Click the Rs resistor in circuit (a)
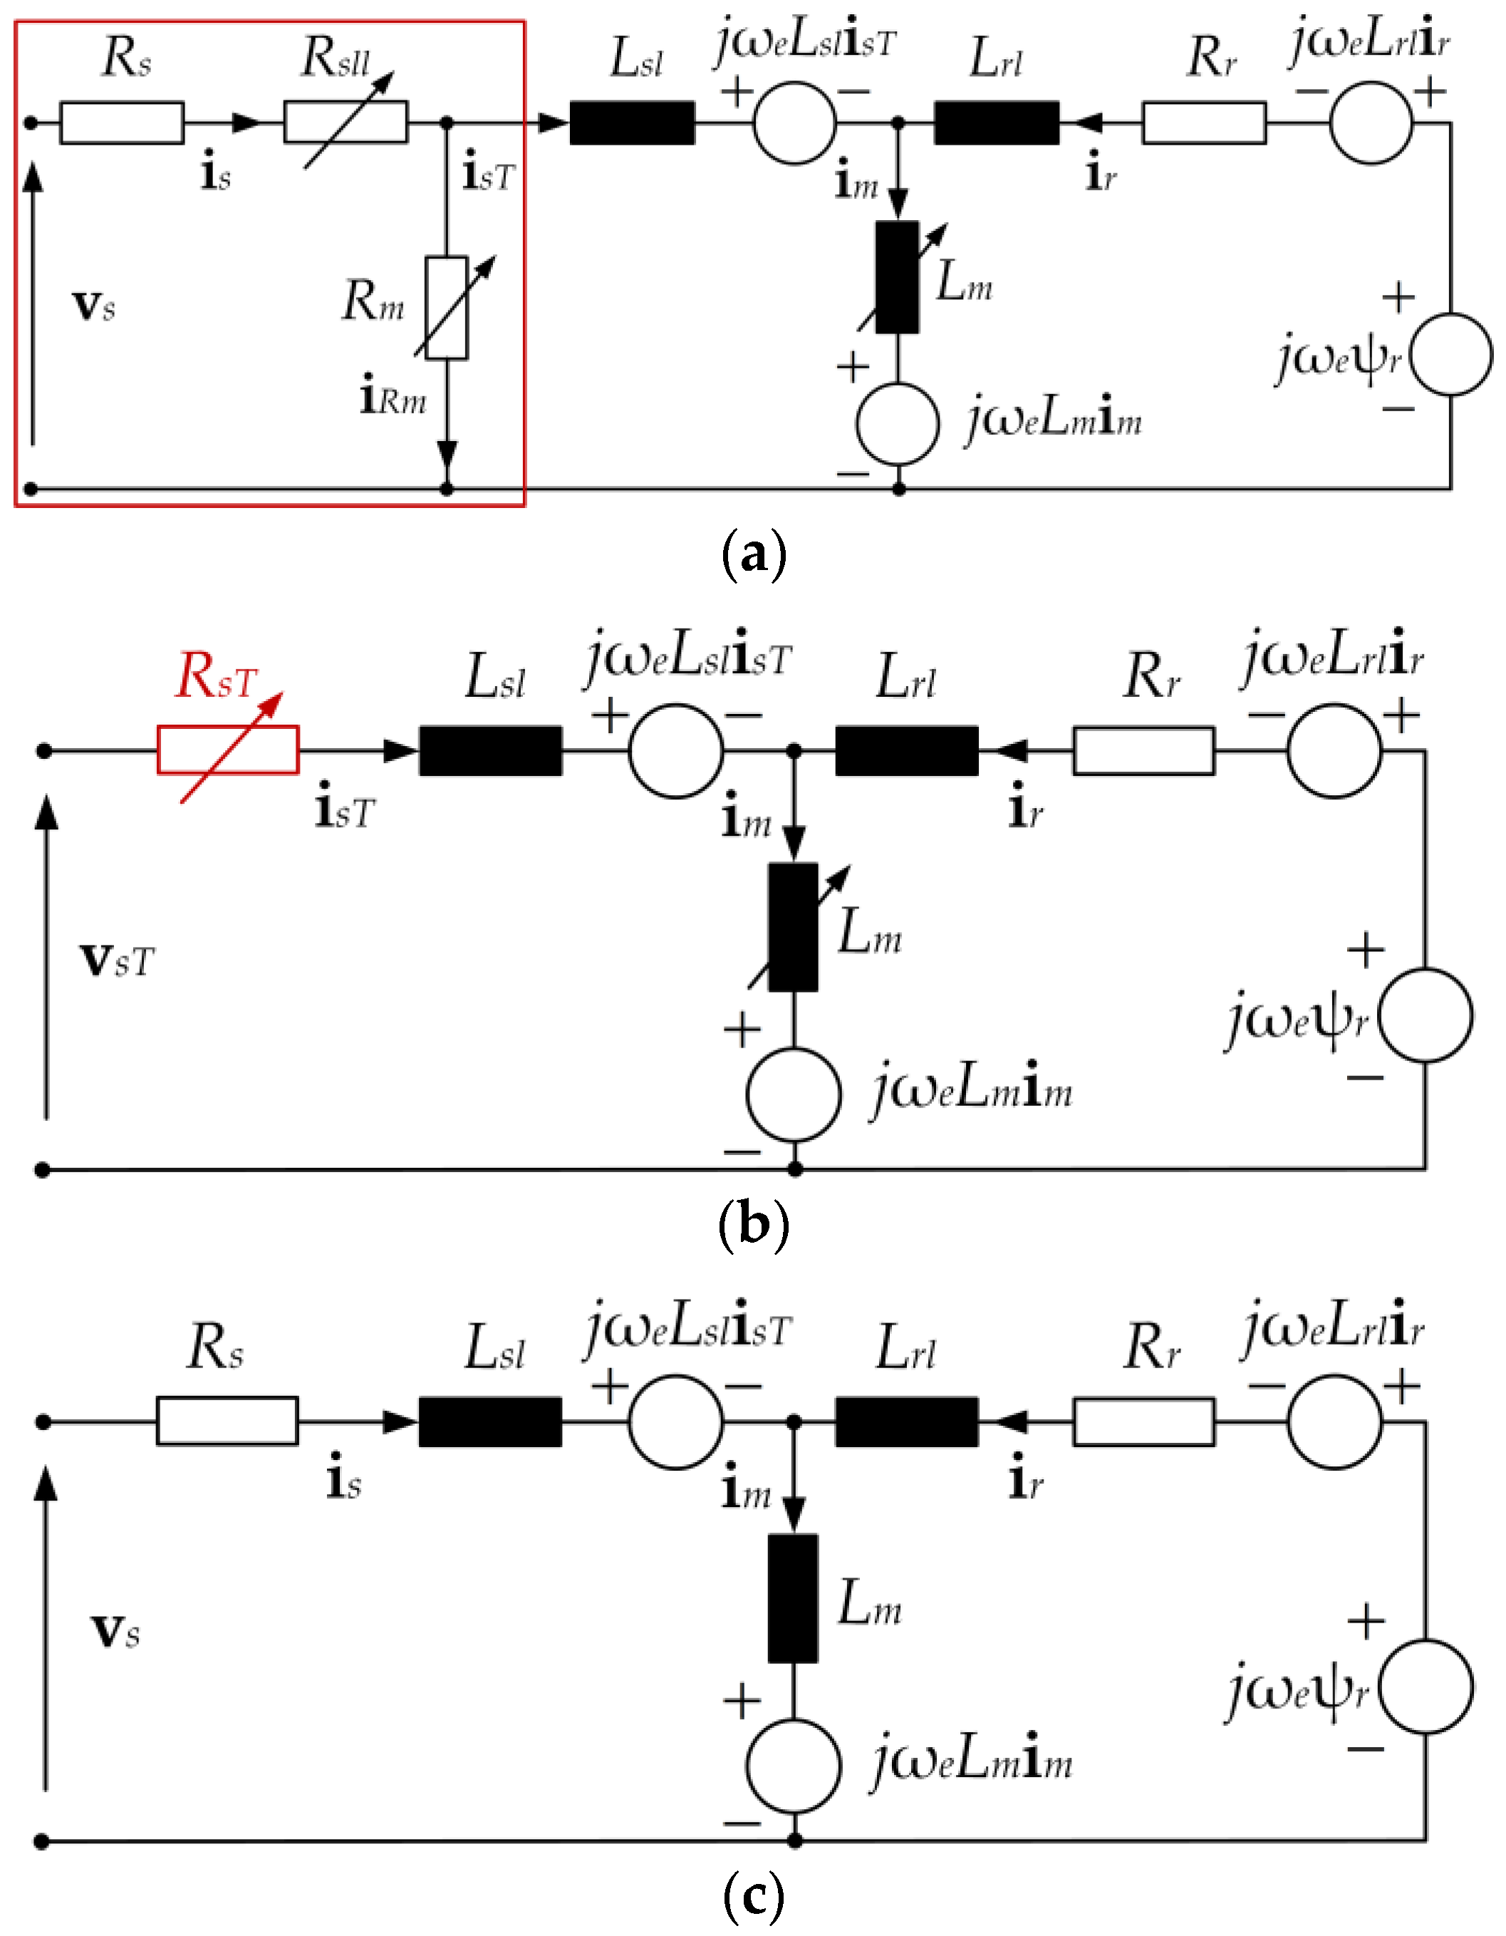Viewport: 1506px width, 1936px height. coord(121,123)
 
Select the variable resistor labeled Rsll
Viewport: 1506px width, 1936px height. coord(345,123)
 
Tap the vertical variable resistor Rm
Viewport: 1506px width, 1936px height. coord(446,308)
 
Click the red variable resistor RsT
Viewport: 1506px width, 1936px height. coord(228,750)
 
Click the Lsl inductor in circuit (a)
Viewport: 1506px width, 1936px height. coord(631,123)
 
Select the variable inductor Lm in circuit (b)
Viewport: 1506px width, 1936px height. coord(792,927)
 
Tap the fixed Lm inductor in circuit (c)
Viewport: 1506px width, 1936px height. coord(792,1598)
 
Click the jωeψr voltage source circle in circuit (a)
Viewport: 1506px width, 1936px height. coord(1450,353)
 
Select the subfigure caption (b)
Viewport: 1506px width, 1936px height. coord(754,1226)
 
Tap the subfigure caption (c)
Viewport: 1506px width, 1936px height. coord(754,1897)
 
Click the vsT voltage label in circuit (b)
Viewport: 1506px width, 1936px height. coord(117,959)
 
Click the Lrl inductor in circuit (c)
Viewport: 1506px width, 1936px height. coord(906,1422)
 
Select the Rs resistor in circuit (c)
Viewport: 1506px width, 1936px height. coord(227,1421)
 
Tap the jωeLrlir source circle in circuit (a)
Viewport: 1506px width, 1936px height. coord(1371,123)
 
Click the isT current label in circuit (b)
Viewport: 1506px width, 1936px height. coord(345,810)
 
